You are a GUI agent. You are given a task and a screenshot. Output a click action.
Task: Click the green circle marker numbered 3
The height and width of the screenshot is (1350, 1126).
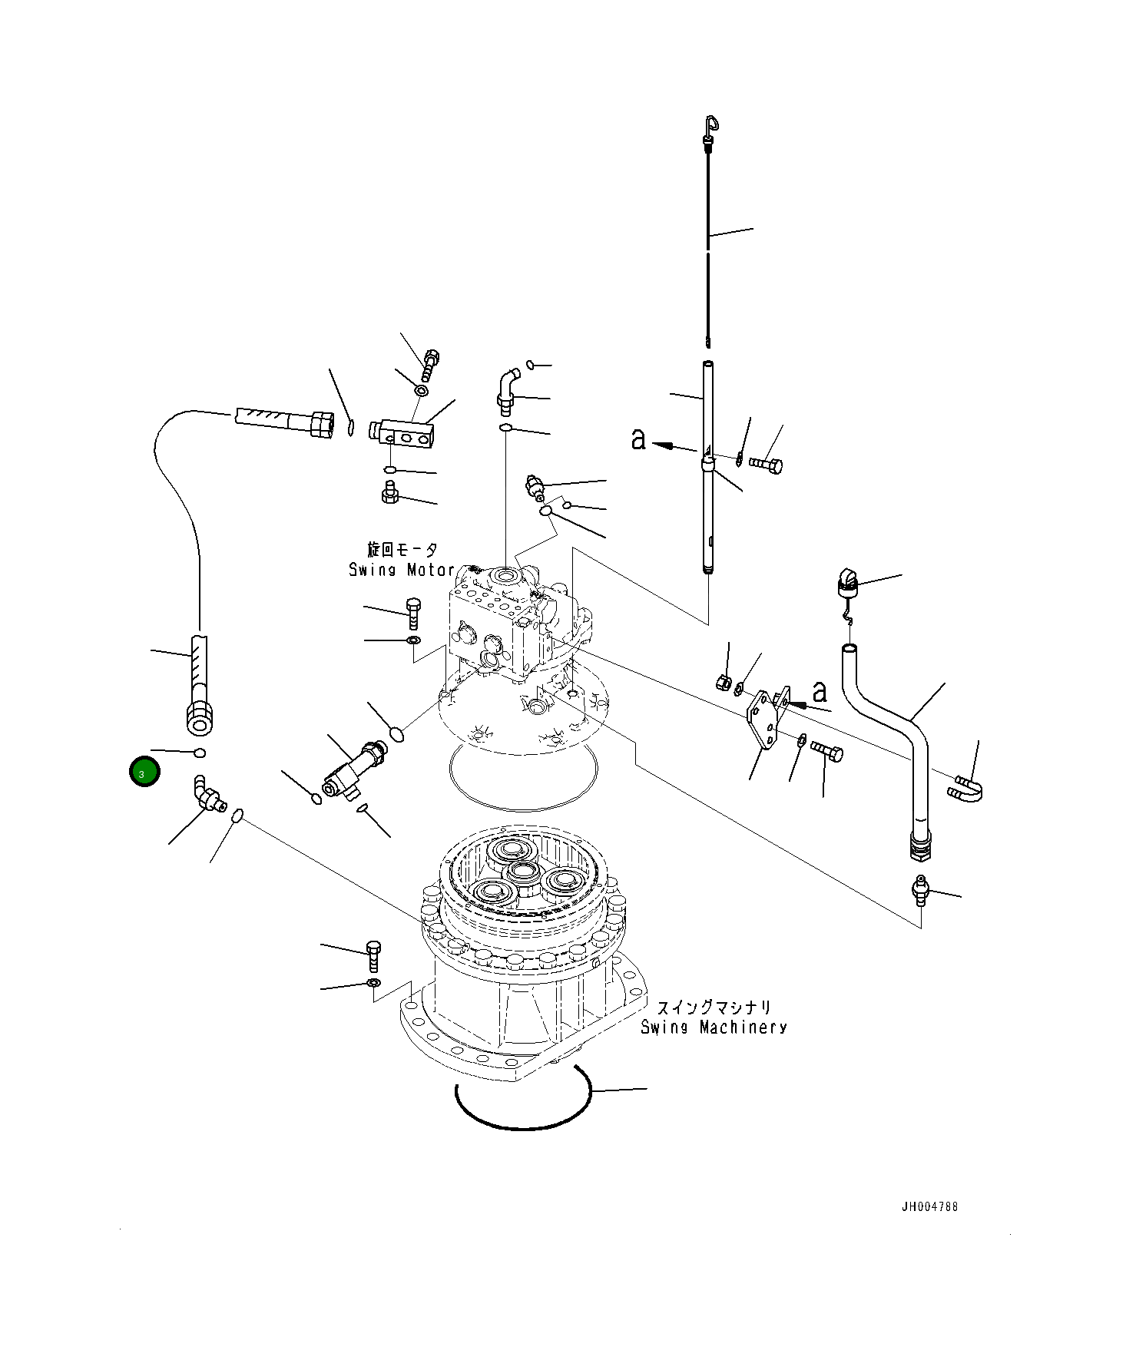pos(144,773)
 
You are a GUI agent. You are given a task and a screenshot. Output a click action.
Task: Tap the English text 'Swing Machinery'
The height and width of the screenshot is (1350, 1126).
pos(713,1027)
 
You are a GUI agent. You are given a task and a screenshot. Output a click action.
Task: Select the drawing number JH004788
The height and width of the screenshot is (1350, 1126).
pos(929,1206)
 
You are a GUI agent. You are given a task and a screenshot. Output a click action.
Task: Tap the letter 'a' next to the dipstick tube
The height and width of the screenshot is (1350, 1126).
pos(638,440)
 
